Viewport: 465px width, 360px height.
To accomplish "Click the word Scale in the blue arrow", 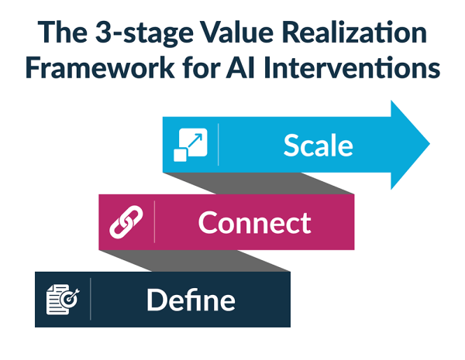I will tap(318, 145).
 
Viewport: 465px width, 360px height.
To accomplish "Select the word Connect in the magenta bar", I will tap(254, 222).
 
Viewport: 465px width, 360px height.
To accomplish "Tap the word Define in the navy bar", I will tap(191, 300).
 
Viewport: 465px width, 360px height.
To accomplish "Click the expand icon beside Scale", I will tap(190, 145).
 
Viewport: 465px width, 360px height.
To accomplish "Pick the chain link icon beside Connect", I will tap(126, 222).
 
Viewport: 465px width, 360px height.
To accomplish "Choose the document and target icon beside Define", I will tap(62, 300).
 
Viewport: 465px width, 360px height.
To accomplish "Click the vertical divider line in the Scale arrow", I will tap(219, 145).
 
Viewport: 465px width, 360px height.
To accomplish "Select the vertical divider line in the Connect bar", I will tap(155, 222).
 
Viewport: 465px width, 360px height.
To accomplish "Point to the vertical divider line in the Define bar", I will tap(91, 300).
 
